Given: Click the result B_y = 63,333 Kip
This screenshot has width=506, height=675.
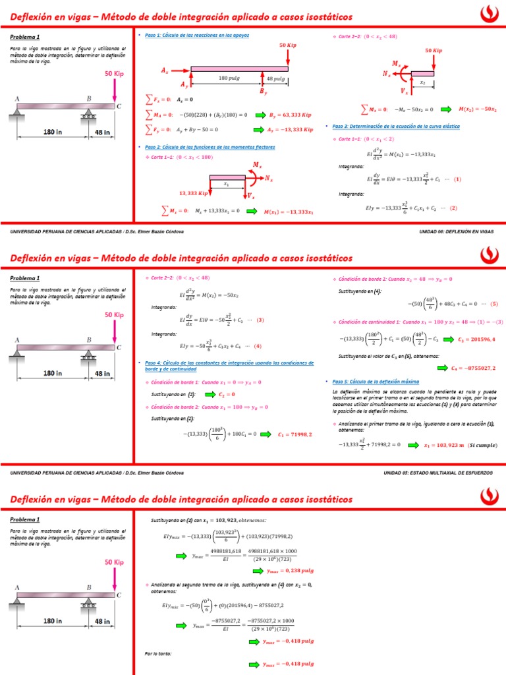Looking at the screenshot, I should click(x=291, y=115).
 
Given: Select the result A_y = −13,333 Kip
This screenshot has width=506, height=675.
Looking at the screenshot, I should click(x=291, y=130).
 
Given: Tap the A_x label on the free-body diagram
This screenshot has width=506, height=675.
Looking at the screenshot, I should click(x=165, y=69).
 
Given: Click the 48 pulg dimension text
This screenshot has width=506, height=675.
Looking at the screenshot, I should click(x=275, y=78).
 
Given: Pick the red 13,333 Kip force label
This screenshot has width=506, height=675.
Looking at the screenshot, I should click(x=194, y=193).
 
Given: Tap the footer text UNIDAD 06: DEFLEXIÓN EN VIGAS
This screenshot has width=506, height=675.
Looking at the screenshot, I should click(x=456, y=232).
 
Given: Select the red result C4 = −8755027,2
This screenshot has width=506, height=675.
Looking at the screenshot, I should click(x=474, y=368).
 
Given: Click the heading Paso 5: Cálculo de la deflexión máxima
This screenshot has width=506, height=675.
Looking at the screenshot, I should click(x=376, y=382).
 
